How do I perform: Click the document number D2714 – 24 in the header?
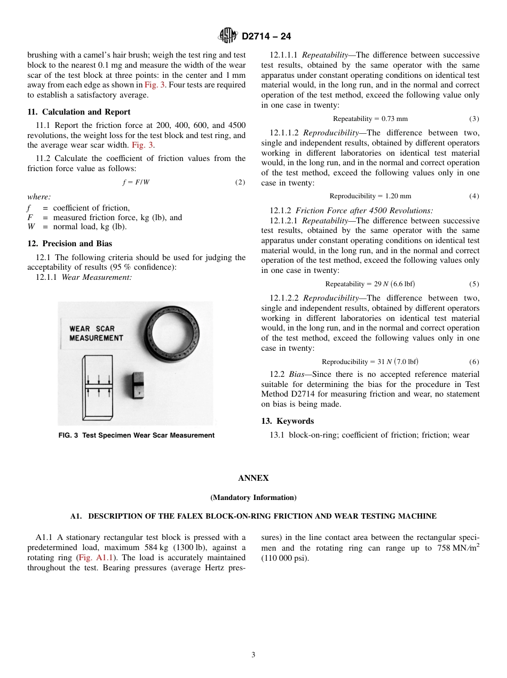click(x=266, y=37)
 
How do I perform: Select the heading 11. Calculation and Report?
click(x=78, y=112)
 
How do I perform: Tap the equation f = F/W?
click(x=136, y=182)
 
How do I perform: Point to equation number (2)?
click(x=240, y=182)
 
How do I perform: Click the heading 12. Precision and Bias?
click(x=69, y=244)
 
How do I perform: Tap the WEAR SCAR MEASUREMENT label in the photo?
click(x=96, y=333)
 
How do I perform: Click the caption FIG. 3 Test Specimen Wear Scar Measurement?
click(x=136, y=435)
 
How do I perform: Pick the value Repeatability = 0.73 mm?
click(x=370, y=119)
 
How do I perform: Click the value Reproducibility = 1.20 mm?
click(x=370, y=196)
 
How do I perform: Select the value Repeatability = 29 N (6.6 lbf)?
click(x=370, y=284)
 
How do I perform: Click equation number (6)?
click(x=474, y=362)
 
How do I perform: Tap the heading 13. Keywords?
click(x=287, y=421)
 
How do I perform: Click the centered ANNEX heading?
click(x=253, y=478)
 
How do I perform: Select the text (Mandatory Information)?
click(x=253, y=497)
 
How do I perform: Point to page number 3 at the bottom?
click(x=253, y=655)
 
